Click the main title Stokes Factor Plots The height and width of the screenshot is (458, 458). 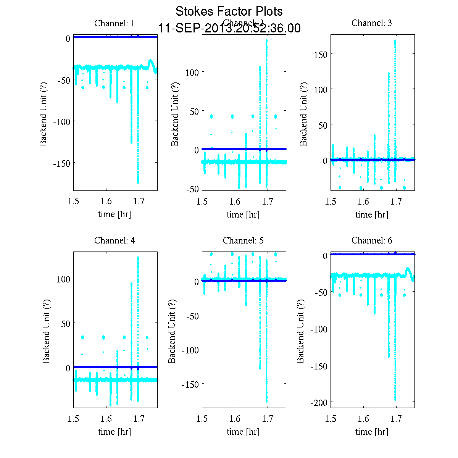(x=229, y=11)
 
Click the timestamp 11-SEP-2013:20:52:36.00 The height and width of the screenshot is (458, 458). (x=229, y=28)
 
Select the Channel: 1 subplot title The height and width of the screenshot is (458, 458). (x=114, y=23)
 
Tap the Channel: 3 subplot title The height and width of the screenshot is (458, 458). (x=371, y=23)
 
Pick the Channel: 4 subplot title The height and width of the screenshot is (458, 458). (x=114, y=240)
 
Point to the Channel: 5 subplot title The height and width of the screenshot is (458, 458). (x=243, y=240)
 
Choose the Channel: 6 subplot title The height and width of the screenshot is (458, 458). (x=371, y=240)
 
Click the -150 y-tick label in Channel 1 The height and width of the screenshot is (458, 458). (x=61, y=163)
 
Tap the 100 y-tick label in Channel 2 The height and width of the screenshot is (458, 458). (x=192, y=73)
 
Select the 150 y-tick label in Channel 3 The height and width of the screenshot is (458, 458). (x=321, y=55)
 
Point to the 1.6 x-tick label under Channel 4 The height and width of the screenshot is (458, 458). (x=106, y=419)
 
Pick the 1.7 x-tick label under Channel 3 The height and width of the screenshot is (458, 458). (x=397, y=202)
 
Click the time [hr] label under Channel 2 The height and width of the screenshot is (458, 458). (x=243, y=214)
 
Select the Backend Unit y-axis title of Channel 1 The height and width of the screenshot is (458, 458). (x=44, y=113)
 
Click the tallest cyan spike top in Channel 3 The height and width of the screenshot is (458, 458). (x=395, y=40)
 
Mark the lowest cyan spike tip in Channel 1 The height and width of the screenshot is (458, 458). (x=138, y=182)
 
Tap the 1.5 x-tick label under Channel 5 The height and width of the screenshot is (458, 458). (x=202, y=419)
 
